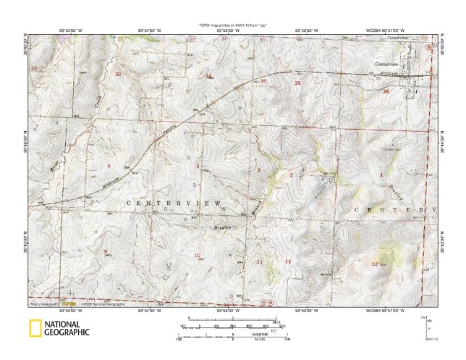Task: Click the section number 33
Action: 118,75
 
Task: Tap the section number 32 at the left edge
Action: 34,68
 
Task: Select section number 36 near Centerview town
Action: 386,91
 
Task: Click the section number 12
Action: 374,264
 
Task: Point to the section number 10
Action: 197,256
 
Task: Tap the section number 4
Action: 109,166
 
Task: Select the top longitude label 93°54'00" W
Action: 149,30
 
